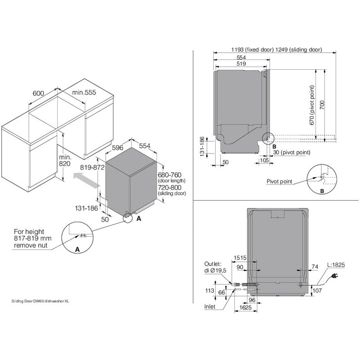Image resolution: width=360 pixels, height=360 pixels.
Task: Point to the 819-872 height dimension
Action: (92, 167)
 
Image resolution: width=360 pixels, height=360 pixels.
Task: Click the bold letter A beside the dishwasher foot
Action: (139, 218)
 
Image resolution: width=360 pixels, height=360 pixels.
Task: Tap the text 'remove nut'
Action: (31, 246)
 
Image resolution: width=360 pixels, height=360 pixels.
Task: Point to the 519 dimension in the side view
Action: (241, 64)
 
